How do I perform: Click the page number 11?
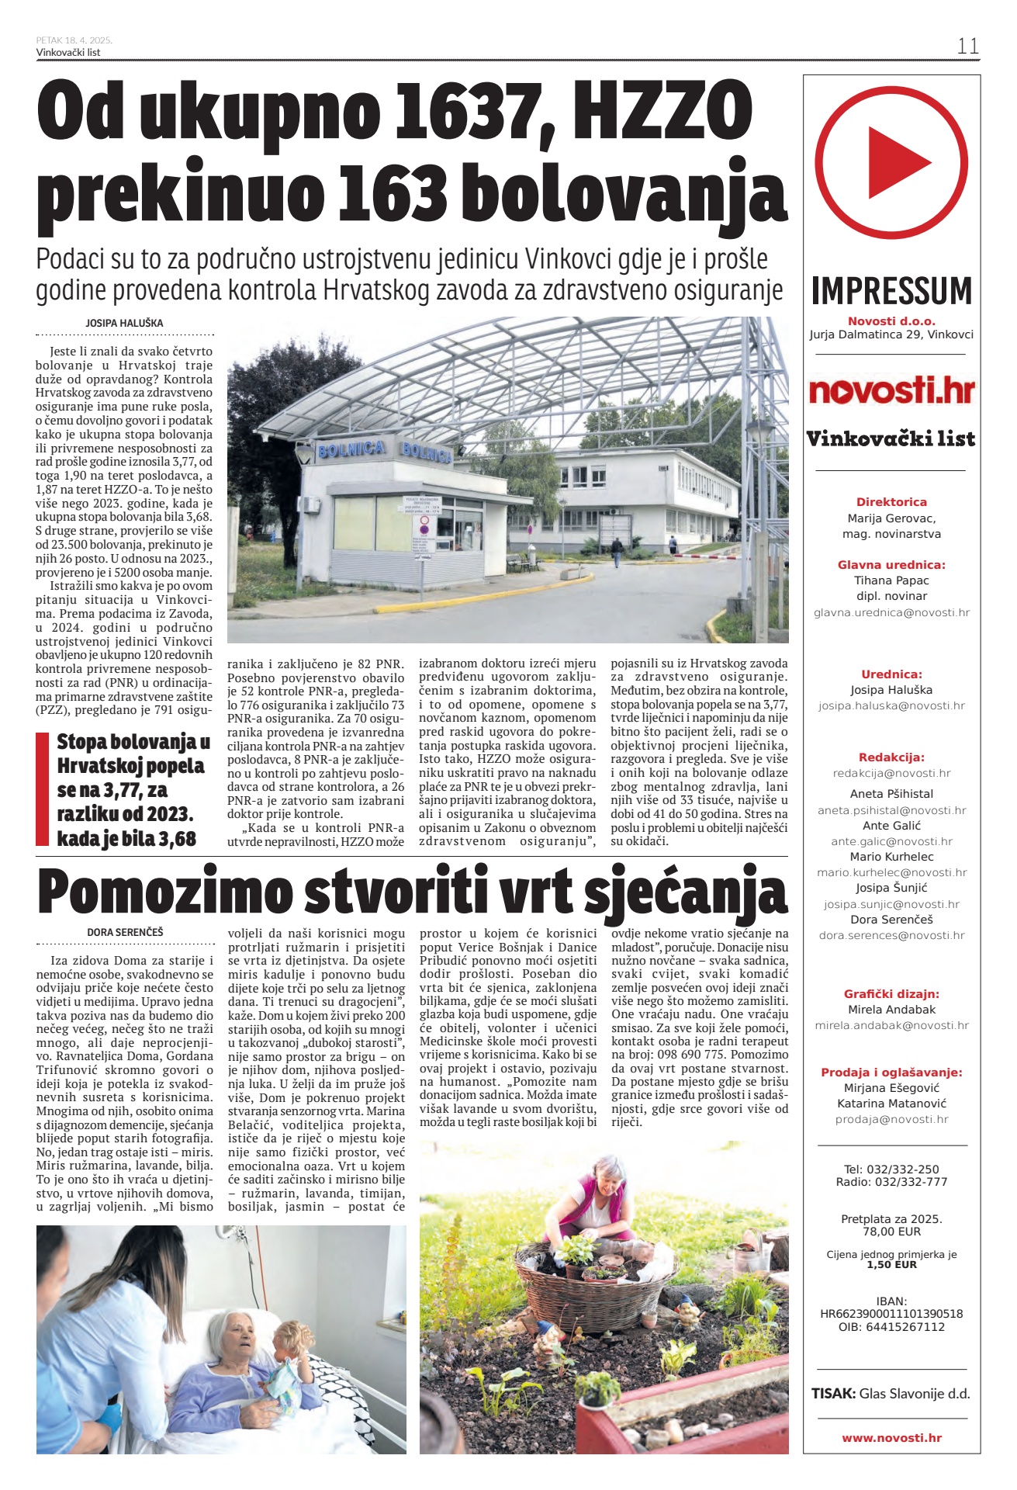967,46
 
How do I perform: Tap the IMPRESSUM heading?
891,291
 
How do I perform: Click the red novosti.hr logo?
891,390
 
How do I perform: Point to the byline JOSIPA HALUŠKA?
124,323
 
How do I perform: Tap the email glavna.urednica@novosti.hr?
891,612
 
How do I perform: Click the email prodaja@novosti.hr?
891,1119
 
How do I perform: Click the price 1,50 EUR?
891,1264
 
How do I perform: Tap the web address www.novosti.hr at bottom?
891,1438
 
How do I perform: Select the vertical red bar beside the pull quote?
43,788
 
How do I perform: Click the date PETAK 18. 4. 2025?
74,40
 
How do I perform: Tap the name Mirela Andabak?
891,1010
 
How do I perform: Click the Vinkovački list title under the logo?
891,438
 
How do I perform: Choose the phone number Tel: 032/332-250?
891,1169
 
